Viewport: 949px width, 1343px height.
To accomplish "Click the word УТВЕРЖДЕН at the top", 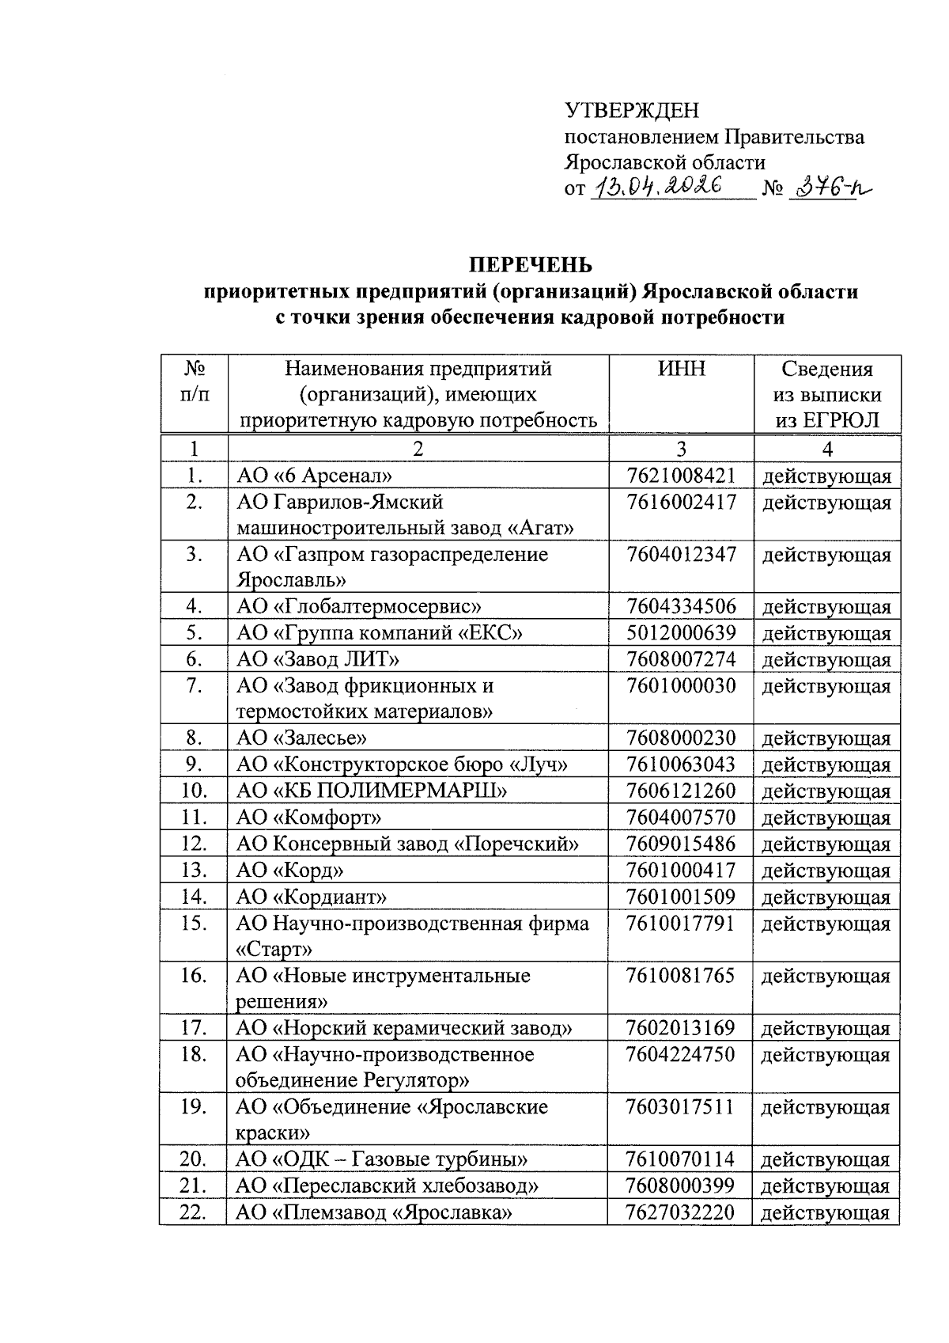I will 631,111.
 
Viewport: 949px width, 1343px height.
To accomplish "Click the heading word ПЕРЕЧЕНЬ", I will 531,264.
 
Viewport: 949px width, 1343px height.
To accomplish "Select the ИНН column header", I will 681,369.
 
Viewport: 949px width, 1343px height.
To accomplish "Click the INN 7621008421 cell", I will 681,476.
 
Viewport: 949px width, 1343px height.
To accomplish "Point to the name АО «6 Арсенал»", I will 315,476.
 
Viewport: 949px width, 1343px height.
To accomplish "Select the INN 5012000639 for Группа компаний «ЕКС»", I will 681,633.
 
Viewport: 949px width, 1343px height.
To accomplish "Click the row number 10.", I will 193,791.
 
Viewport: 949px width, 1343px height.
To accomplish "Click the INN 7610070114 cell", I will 680,1159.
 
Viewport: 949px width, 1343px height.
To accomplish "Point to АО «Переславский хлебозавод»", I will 388,1186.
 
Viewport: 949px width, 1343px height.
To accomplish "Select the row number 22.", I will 192,1212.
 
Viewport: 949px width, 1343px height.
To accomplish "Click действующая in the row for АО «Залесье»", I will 826,739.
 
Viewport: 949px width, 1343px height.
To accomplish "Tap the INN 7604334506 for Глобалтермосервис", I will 681,607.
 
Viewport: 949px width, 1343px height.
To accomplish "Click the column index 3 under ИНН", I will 681,449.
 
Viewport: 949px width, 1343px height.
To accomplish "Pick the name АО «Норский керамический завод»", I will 404,1028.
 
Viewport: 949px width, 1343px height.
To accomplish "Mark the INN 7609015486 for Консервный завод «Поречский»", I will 681,844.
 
